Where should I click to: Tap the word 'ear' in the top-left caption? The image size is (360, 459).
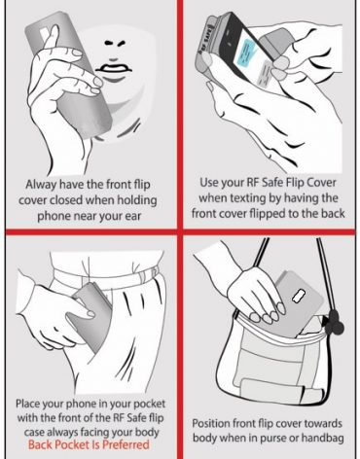tap(133, 217)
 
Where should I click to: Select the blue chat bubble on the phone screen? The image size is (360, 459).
tap(247, 52)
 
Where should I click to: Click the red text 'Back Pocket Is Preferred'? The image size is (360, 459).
tap(89, 444)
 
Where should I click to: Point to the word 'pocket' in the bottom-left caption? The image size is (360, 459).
tap(149, 404)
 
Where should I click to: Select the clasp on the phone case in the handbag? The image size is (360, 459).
tap(299, 296)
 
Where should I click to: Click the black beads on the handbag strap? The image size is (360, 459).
tap(334, 324)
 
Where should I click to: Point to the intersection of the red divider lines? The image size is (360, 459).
tap(180, 231)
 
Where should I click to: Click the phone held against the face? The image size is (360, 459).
tap(70, 75)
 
